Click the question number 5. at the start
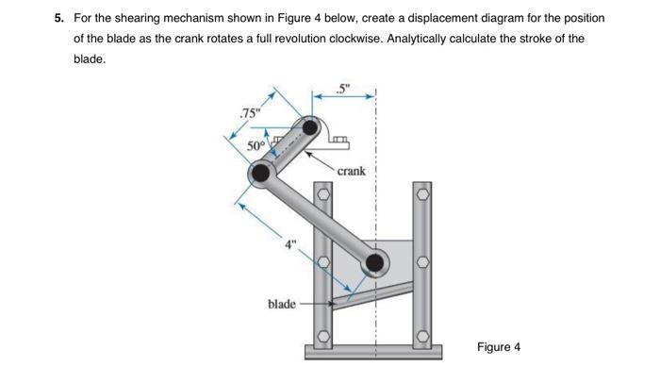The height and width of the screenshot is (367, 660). click(x=59, y=19)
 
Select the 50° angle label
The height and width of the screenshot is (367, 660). click(x=256, y=145)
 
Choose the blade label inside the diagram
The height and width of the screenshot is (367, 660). click(x=282, y=304)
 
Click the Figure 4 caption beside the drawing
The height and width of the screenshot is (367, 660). click(x=498, y=346)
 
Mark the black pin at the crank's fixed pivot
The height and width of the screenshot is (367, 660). click(x=310, y=126)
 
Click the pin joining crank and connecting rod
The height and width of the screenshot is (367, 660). click(x=260, y=174)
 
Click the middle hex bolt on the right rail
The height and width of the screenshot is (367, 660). click(x=422, y=261)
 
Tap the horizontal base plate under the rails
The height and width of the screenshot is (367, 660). click(x=373, y=355)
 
